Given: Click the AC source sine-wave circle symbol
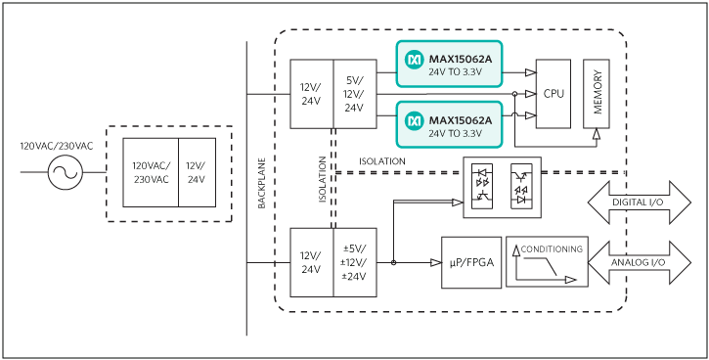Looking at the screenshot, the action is coord(66,172).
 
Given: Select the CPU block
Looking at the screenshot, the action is coord(554,94).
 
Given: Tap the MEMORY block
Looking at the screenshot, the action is coord(597,94).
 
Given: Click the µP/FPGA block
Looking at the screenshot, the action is coord(471,262).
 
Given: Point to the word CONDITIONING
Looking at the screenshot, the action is coord(552,248).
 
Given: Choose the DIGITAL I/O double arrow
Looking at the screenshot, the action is coord(640,202).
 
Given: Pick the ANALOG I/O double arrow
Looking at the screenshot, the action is coord(640,263).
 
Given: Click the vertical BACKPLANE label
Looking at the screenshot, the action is coord(261,183).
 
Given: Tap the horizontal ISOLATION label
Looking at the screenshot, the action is coord(382,161).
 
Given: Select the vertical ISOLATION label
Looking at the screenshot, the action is coord(322,179).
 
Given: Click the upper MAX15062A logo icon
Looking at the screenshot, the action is coord(413,60).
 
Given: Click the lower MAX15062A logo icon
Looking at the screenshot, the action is coord(413,120).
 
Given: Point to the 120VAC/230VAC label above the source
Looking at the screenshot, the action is coord(57,146).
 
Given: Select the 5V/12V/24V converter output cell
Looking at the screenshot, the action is coord(355,94).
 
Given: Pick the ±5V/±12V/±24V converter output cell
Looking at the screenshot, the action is coord(355,262).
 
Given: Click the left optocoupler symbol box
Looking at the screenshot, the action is coord(482,186).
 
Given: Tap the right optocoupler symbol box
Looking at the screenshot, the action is coord(521,186).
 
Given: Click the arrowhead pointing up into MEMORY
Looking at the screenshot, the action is coord(597,134).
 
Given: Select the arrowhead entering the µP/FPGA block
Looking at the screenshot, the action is coord(436,263).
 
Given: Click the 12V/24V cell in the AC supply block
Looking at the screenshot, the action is coord(197,172).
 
